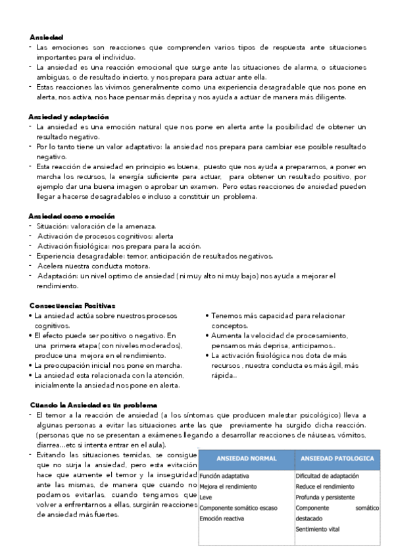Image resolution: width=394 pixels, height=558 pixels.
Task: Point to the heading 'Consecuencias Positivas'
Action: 72,305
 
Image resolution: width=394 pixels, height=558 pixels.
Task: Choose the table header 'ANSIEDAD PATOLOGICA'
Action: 337,458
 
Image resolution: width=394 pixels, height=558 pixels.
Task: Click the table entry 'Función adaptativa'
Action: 224,474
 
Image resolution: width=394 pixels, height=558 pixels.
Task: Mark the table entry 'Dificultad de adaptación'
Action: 327,475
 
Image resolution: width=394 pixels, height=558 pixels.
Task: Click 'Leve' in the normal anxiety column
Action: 206,497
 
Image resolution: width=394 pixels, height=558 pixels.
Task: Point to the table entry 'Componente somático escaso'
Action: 238,508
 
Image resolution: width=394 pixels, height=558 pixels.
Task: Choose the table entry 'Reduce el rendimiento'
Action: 325,486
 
